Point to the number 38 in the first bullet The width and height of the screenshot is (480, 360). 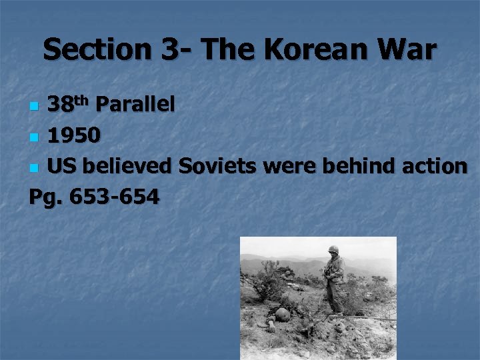(61, 105)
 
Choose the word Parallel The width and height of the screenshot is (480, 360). (135, 104)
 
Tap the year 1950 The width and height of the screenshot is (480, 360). (75, 135)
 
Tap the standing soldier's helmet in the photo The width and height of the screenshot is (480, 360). (333, 250)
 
